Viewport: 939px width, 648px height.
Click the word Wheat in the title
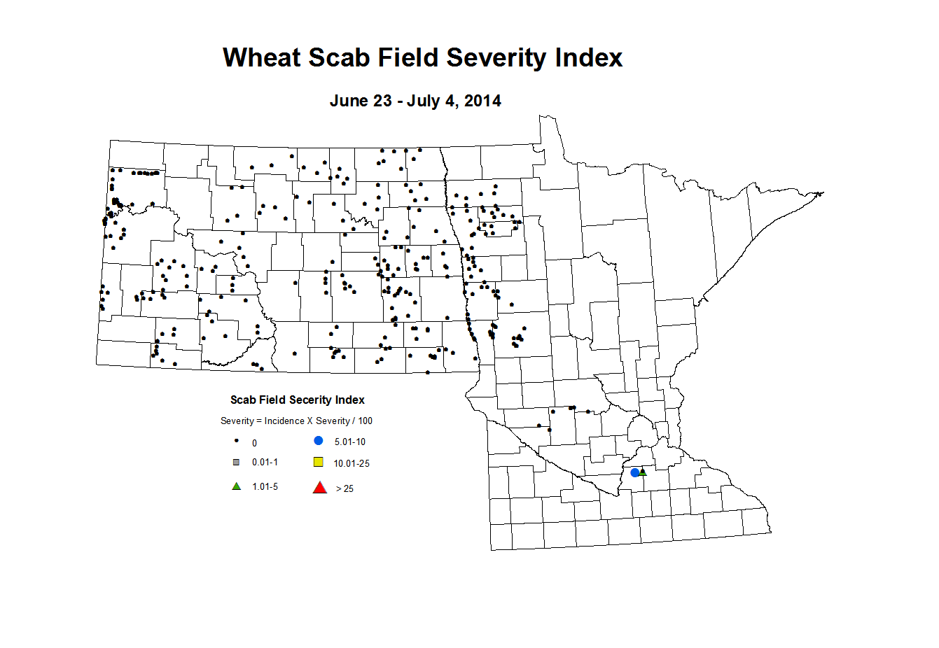click(x=261, y=57)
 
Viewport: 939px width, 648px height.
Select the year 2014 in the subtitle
click(x=482, y=101)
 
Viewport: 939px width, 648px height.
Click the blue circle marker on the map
click(x=635, y=472)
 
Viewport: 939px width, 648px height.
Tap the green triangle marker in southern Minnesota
click(x=644, y=472)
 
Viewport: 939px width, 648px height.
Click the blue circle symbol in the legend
click(x=319, y=441)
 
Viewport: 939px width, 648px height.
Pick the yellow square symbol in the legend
click(x=319, y=462)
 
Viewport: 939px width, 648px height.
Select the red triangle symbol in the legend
click(x=319, y=488)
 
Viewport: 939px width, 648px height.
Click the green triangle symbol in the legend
click(x=237, y=486)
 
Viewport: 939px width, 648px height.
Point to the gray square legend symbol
click(x=237, y=462)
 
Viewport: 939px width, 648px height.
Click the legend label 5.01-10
click(x=350, y=442)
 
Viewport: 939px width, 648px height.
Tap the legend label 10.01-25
click(x=352, y=463)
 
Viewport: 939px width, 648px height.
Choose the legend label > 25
click(x=345, y=488)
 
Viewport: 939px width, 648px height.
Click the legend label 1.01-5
click(x=265, y=486)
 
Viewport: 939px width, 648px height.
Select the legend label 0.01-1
click(x=265, y=462)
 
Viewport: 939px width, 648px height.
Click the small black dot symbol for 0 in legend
click(x=237, y=441)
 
